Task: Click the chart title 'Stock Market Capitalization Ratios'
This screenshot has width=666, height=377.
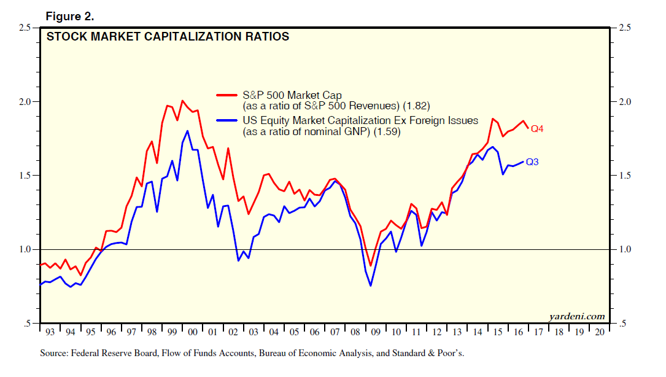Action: pyautogui.click(x=168, y=37)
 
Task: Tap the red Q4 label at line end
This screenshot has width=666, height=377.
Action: pyautogui.click(x=538, y=129)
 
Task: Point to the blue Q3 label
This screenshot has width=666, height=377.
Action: pyautogui.click(x=533, y=162)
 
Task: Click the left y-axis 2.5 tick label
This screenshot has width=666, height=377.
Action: pyautogui.click(x=25, y=28)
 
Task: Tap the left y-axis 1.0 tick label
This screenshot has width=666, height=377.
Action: pyautogui.click(x=25, y=249)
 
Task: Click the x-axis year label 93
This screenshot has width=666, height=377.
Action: pyautogui.click(x=50, y=332)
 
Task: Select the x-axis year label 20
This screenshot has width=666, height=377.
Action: pyautogui.click(x=598, y=332)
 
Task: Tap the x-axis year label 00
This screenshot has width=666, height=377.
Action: pyautogui.click(x=192, y=332)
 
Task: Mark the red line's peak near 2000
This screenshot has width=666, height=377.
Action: pyautogui.click(x=182, y=101)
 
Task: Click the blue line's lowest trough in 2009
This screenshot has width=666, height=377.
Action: pyautogui.click(x=371, y=286)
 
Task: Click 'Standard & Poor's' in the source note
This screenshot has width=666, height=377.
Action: pyautogui.click(x=436, y=354)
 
